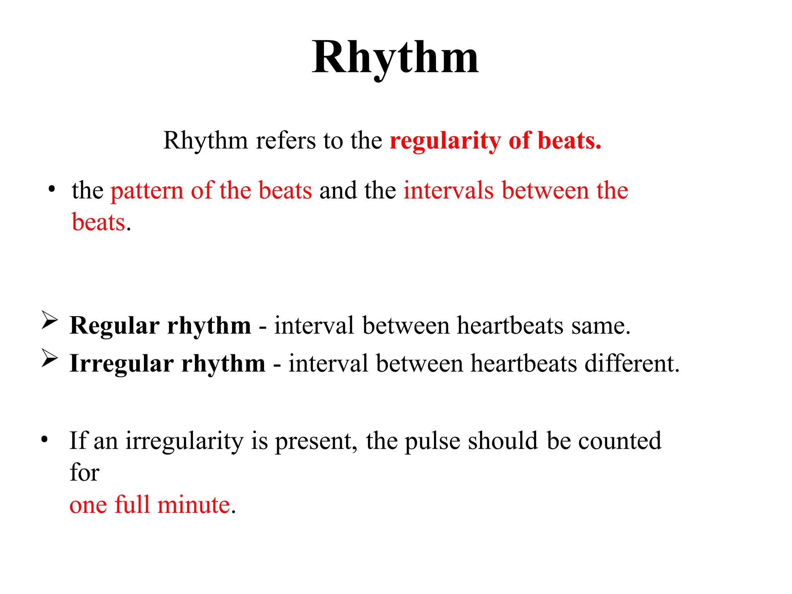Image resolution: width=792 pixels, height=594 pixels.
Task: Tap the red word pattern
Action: pyautogui.click(x=147, y=191)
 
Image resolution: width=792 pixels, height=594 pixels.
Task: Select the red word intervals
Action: pyautogui.click(x=449, y=190)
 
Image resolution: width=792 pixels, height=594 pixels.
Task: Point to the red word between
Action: pyautogui.click(x=545, y=190)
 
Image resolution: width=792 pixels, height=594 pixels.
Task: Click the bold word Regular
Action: pyautogui.click(x=114, y=326)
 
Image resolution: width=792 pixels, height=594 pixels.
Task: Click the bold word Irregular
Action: pyautogui.click(x=121, y=364)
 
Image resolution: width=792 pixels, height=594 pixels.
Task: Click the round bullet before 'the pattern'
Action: pyautogui.click(x=51, y=190)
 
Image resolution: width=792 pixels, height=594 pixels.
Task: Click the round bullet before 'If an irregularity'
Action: pyautogui.click(x=44, y=440)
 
